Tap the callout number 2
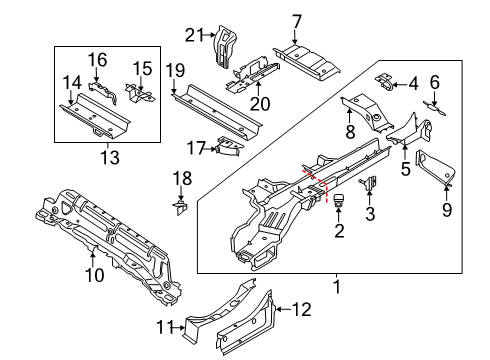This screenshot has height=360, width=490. pos(337,233)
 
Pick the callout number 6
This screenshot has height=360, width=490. pos(435,82)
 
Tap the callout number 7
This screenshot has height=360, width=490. pos(296,22)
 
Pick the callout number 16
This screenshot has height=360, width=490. pos(97,60)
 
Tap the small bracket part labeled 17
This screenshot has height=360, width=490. pos(229,148)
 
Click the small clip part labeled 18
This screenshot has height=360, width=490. pos(180,207)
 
